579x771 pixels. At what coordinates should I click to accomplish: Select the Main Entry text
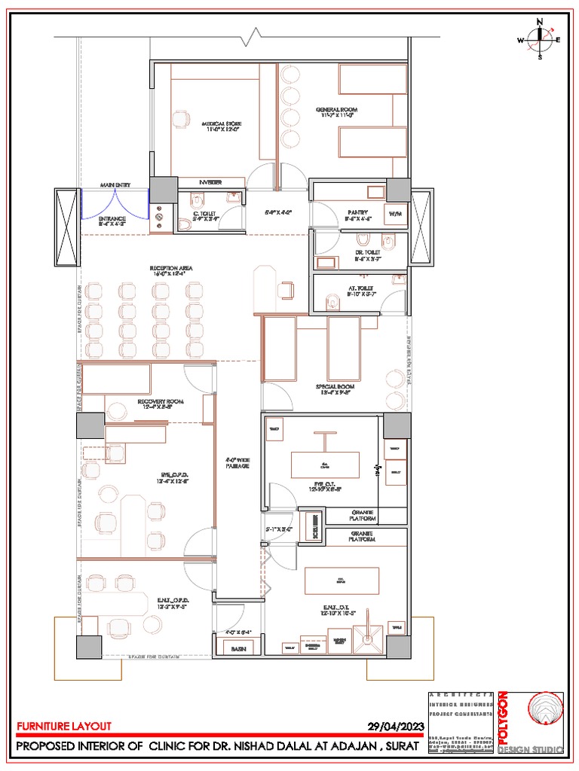point(116,184)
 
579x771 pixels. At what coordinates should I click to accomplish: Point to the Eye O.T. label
point(324,486)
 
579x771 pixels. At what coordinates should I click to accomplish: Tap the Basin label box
point(238,648)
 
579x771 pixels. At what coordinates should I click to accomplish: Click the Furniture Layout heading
point(64,727)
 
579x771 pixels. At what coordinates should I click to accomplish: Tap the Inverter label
point(210,182)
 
